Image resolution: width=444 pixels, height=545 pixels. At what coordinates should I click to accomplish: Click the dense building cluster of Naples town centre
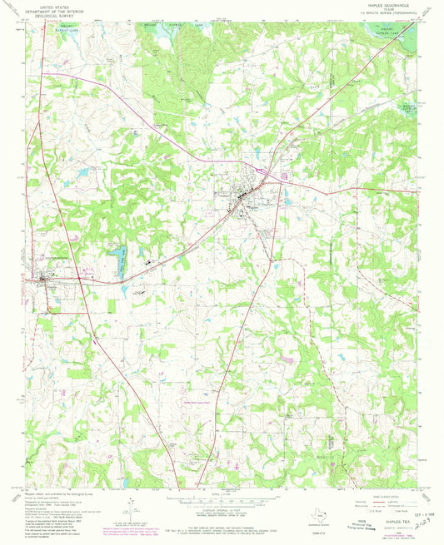coord(243,196)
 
